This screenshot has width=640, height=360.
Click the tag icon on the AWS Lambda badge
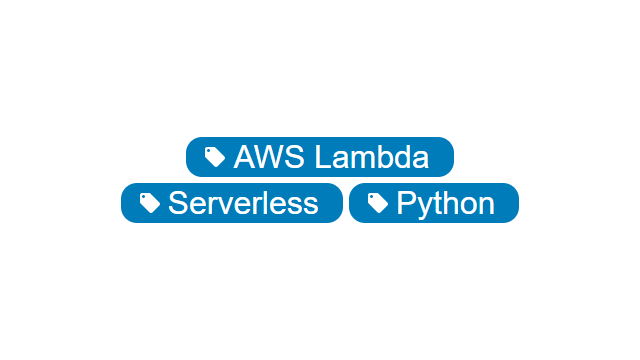pyautogui.click(x=215, y=157)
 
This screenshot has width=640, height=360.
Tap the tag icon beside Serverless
pyautogui.click(x=150, y=203)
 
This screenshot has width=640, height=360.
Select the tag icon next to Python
pyautogui.click(x=378, y=203)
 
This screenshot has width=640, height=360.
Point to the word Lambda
pyautogui.click(x=371, y=157)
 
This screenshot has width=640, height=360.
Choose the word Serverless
pyautogui.click(x=243, y=203)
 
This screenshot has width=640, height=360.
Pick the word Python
pyautogui.click(x=445, y=203)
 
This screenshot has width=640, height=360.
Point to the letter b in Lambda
pyautogui.click(x=382, y=157)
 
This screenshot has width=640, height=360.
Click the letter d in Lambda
pyautogui.click(x=401, y=157)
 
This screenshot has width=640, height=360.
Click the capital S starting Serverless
pyautogui.click(x=178, y=203)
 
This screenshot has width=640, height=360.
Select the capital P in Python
pyautogui.click(x=406, y=203)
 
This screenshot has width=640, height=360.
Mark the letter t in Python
pyautogui.click(x=437, y=203)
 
